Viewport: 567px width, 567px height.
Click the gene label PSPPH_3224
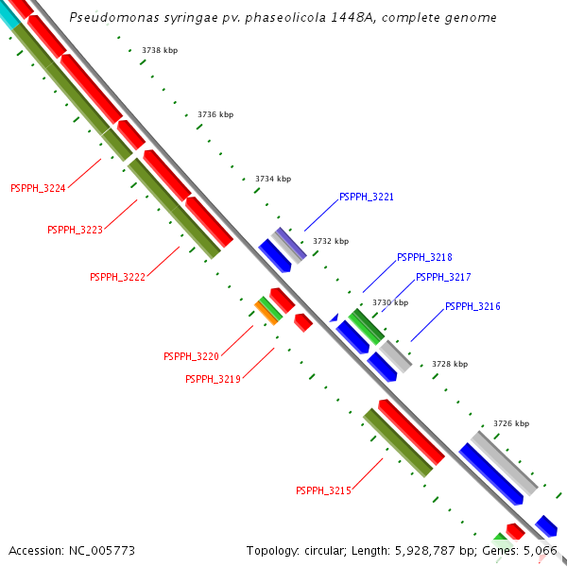point(38,188)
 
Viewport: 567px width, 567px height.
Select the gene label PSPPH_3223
point(75,230)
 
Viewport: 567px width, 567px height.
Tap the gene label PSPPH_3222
point(117,277)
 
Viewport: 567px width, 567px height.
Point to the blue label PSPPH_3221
point(367,198)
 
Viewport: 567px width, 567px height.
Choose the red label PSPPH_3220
point(191,356)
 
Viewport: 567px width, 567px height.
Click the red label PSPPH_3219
point(213,379)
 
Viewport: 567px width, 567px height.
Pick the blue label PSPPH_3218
point(424,257)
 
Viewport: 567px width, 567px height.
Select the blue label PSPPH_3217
point(443,277)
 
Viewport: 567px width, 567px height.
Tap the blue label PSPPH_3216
point(472,306)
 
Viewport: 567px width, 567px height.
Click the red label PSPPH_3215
point(323,490)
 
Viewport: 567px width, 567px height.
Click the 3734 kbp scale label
point(273,179)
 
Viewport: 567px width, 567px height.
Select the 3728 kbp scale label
point(450,364)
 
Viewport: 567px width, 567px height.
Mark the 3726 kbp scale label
point(511,423)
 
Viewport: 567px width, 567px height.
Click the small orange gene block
point(267,314)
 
